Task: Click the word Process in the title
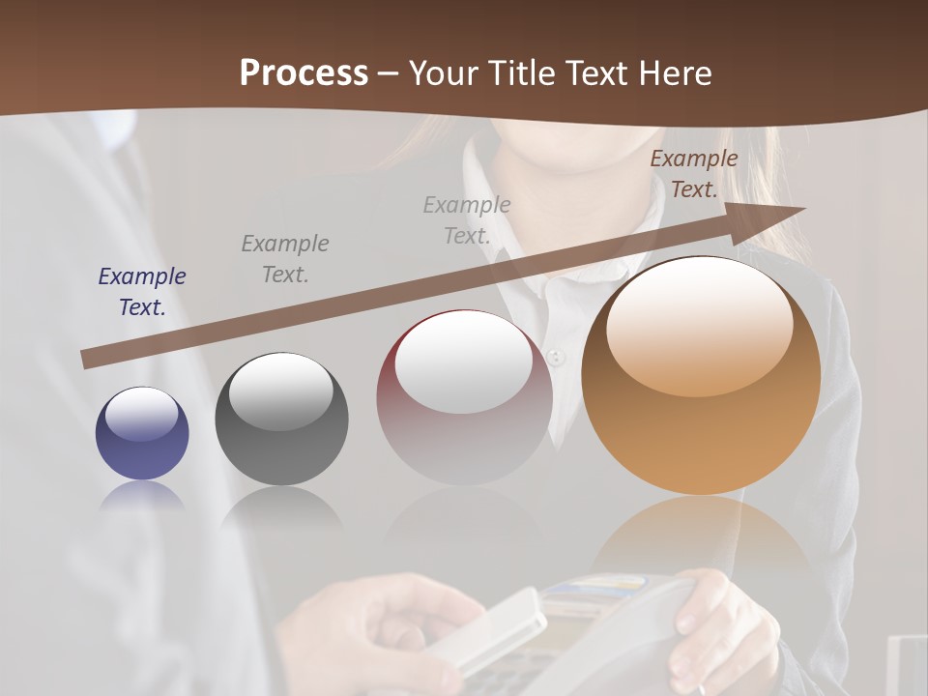(304, 73)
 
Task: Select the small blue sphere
(142, 433)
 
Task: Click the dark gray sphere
(281, 420)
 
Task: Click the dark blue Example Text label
(142, 292)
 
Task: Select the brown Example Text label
(693, 174)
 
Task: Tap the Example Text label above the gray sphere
(285, 259)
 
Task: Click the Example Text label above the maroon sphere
(467, 219)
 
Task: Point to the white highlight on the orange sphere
(699, 327)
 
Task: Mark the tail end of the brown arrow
(85, 361)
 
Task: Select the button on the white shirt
(555, 357)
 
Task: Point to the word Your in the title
(445, 73)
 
